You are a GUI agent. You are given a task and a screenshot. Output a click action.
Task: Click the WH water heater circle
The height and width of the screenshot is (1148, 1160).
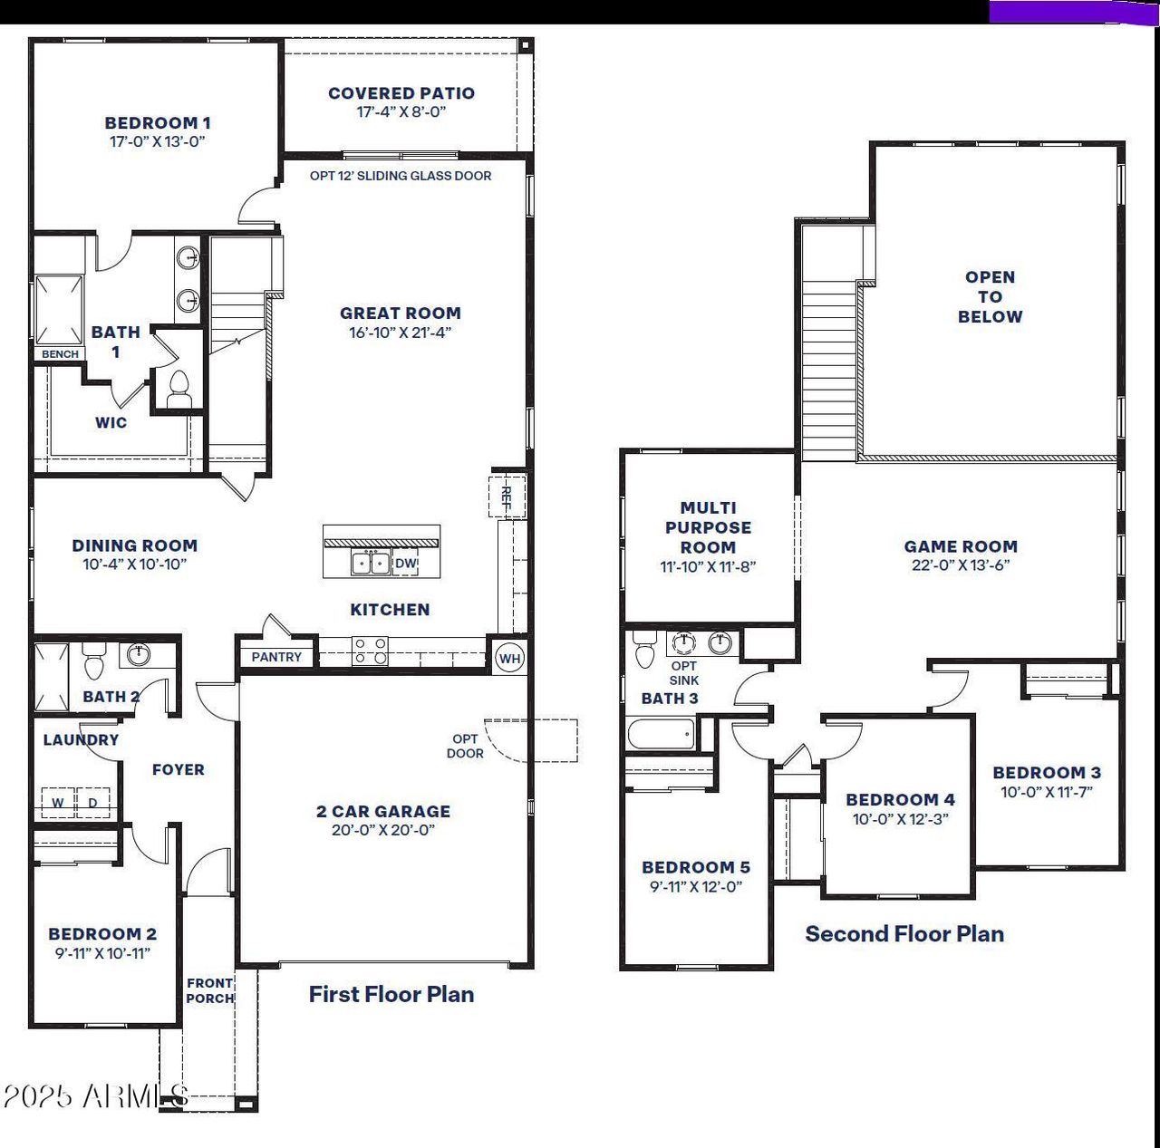coord(509,658)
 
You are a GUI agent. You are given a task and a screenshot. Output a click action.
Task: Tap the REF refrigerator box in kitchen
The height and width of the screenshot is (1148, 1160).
coord(507,496)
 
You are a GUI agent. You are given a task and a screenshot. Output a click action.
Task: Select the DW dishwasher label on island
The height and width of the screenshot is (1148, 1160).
coord(406,564)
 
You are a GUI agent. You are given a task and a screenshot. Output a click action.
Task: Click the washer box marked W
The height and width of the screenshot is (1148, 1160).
coord(58,802)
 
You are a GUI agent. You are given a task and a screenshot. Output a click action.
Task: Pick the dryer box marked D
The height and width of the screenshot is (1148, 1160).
coord(92,802)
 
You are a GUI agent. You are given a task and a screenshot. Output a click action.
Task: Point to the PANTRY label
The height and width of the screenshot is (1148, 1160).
coord(276,657)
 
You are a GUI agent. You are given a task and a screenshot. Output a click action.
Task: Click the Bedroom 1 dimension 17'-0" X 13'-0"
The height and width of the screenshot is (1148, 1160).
coord(158,141)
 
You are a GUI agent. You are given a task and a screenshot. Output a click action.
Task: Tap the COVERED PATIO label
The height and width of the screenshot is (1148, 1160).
coord(401,92)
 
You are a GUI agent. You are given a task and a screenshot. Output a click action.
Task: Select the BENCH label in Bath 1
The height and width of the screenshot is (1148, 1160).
coord(60,353)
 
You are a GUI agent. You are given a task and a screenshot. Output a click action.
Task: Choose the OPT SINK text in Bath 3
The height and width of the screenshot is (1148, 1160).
coord(684,673)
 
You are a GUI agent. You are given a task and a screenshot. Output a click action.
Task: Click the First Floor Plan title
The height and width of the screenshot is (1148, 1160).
coord(391,994)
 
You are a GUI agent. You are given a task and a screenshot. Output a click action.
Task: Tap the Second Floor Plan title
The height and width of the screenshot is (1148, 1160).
coord(904,933)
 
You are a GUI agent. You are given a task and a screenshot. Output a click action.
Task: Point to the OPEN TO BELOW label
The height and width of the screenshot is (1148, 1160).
coord(990,296)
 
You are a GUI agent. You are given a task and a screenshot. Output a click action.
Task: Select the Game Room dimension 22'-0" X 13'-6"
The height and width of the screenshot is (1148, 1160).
coord(961,565)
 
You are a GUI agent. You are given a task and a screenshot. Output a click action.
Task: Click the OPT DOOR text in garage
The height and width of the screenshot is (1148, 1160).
coord(465,746)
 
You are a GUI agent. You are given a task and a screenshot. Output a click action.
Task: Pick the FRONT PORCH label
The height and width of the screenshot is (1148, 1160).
coord(210,990)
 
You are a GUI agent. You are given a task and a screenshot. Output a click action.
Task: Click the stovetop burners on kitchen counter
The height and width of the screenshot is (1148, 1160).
coord(370,650)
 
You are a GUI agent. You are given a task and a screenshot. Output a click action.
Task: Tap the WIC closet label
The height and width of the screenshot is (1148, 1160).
coord(111,422)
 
